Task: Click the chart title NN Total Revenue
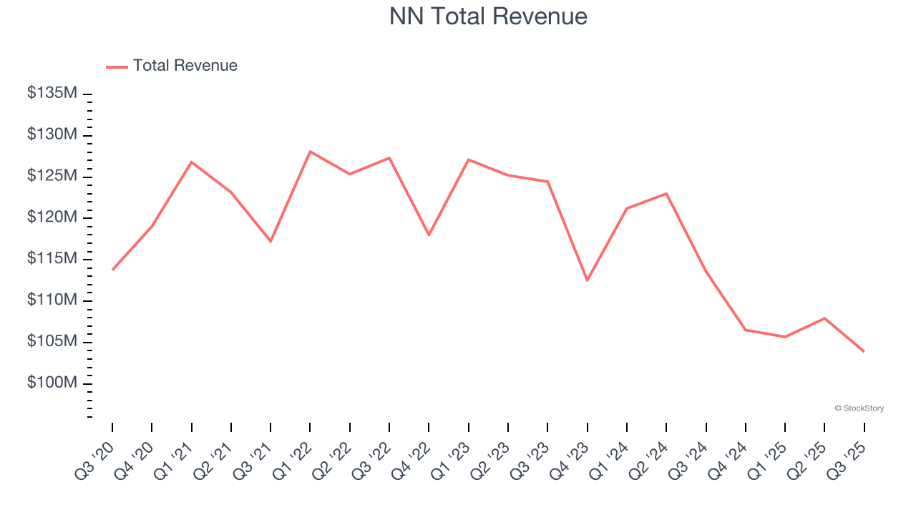488,16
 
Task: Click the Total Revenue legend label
185,66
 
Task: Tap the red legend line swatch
117,67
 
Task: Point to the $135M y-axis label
52,93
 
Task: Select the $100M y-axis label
52,383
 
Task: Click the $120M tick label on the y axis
52,217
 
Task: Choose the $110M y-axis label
52,300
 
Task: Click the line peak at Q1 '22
310,152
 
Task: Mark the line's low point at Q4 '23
587,280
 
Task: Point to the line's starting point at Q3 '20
112,270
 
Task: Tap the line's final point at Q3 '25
864,351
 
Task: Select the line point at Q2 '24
666,194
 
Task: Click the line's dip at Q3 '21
271,241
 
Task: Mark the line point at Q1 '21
191,162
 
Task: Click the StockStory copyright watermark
859,408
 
